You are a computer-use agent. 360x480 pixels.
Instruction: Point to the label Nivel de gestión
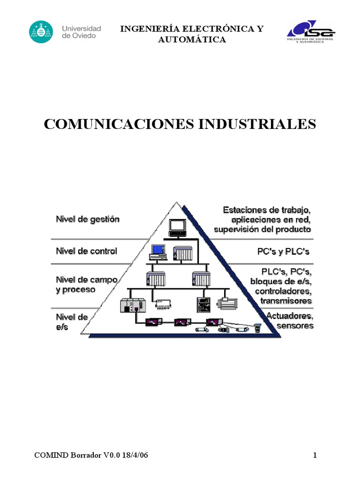coord(88,219)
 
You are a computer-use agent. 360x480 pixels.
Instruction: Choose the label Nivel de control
coord(86,251)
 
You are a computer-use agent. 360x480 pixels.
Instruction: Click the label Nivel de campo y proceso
coord(86,285)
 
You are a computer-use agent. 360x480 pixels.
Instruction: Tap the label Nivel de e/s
coord(72,322)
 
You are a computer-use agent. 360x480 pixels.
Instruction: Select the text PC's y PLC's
coord(284,252)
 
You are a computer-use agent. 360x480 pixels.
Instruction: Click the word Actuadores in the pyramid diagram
coord(290,316)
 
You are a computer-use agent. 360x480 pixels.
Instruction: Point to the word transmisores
coord(286,300)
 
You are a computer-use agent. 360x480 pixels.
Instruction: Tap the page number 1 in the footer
coord(315,455)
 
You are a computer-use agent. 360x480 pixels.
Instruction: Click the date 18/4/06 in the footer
coord(136,455)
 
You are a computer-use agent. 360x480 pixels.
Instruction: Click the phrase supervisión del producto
coord(262,230)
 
